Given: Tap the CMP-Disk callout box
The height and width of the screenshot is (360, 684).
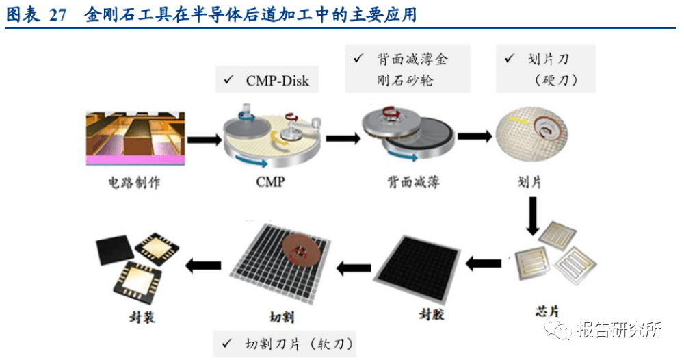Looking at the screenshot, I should [x=268, y=81].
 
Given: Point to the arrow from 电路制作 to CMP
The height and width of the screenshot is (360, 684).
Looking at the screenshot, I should [x=202, y=139].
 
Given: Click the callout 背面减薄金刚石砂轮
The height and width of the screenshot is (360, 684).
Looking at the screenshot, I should [x=406, y=70].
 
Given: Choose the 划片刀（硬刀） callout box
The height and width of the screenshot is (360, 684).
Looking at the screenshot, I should [x=544, y=69].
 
